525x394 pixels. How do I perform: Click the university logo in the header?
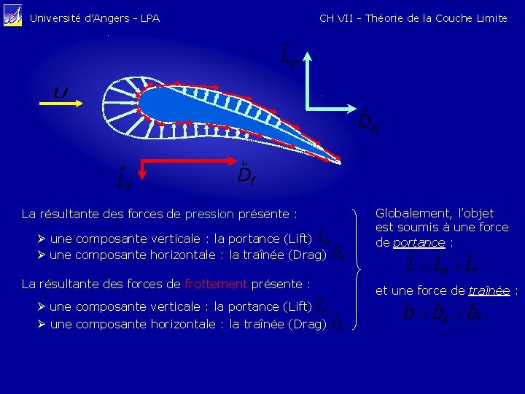(x=13, y=16)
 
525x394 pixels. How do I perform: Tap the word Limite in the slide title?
(x=491, y=18)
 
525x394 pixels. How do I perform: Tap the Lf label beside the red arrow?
(x=124, y=177)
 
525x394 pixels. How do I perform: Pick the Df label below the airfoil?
(x=246, y=173)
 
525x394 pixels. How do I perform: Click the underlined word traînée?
(x=489, y=290)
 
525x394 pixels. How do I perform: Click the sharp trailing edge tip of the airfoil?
(x=340, y=160)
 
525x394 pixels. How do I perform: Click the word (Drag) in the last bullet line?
(x=307, y=324)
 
